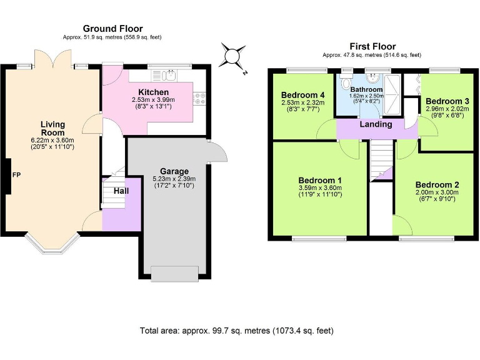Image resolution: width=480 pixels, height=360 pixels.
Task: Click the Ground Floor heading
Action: tap(112, 29)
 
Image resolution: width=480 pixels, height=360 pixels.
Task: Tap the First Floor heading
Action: tap(372, 46)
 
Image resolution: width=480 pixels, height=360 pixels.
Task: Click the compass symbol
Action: tap(232, 57)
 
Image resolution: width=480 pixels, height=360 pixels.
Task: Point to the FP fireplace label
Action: tap(16, 175)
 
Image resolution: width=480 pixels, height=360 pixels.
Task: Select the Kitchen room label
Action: tap(153, 92)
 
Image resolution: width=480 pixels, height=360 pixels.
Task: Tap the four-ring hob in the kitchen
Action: tap(199, 99)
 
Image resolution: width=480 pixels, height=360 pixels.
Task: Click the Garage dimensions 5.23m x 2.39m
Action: tap(174, 179)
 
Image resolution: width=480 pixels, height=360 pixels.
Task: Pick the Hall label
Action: tap(121, 191)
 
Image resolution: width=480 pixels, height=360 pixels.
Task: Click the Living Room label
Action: tap(52, 128)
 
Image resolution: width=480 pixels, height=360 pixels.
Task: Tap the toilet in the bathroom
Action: tap(347, 82)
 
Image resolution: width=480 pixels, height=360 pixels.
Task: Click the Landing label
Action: tap(376, 124)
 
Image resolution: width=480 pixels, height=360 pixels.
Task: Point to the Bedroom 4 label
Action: tap(302, 95)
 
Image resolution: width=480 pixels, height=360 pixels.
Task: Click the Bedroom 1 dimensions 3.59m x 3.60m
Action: tap(320, 188)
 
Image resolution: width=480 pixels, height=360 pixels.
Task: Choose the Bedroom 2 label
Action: tap(437, 185)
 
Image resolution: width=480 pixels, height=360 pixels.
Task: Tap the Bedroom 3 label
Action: tap(447, 101)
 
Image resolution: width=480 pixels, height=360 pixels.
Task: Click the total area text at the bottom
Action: tap(237, 331)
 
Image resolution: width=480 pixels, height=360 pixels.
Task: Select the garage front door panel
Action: tap(175, 274)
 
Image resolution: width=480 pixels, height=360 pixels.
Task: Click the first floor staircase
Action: tap(381, 161)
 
